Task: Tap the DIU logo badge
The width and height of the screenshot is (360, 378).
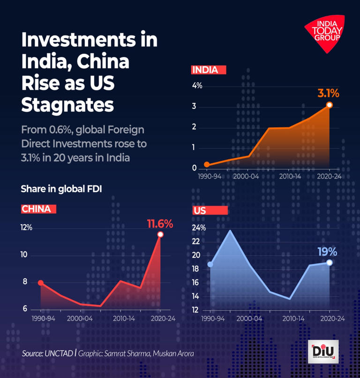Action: (323, 351)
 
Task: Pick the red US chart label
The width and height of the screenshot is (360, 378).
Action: (210, 210)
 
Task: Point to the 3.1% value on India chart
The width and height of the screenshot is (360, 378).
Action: (328, 93)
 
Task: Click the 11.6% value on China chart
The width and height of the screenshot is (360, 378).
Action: (160, 223)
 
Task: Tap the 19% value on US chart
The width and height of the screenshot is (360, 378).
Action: (327, 252)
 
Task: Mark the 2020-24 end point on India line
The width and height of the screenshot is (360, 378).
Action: (330, 105)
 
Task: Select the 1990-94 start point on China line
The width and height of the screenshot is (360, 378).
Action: (41, 283)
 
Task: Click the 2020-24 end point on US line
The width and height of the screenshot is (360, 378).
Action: (330, 263)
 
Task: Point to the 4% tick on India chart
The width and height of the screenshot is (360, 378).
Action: (197, 86)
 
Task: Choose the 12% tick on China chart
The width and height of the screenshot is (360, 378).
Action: (26, 228)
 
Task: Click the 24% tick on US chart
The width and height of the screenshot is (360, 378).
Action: (200, 228)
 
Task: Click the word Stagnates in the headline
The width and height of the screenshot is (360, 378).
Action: (67, 104)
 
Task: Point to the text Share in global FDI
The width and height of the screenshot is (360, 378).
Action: (61, 189)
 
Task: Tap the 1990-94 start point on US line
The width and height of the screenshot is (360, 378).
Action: (210, 265)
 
